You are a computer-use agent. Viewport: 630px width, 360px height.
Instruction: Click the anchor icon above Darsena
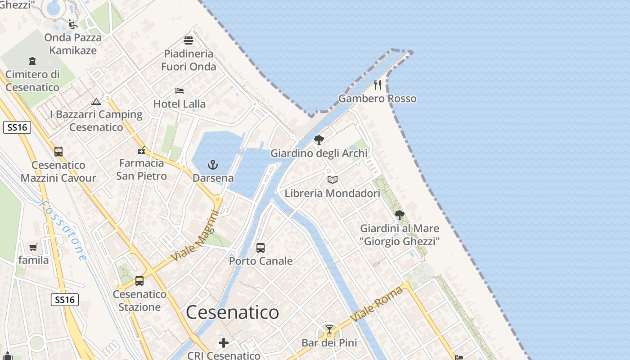(x=213, y=165)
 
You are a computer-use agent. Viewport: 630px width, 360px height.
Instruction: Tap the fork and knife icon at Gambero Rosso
(x=378, y=85)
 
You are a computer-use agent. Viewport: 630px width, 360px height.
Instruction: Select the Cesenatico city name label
(x=232, y=312)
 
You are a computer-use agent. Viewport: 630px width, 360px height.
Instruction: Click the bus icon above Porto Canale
(x=261, y=247)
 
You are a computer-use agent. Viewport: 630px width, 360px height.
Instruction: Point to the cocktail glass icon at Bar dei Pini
(x=329, y=329)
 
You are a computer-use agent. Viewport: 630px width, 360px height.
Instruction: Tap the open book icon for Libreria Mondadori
(x=333, y=180)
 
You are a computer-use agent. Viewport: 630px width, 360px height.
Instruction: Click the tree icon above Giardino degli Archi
(x=319, y=140)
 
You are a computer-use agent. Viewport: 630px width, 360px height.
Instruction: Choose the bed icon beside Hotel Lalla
(x=180, y=90)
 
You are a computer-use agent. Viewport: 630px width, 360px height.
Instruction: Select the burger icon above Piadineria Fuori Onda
(x=189, y=40)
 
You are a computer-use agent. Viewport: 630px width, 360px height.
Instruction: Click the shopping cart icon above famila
(x=33, y=247)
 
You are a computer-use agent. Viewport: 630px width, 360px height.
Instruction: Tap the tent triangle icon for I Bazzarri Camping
(x=96, y=102)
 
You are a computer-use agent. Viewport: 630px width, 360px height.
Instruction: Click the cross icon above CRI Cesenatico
(x=224, y=343)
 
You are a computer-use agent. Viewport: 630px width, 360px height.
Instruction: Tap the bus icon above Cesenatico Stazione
(x=139, y=281)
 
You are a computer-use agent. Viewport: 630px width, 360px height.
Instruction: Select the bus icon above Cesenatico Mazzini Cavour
(x=58, y=152)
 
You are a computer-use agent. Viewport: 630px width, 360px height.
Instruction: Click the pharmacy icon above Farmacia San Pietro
(x=142, y=150)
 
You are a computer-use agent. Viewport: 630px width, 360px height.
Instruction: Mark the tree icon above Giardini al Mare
(x=399, y=215)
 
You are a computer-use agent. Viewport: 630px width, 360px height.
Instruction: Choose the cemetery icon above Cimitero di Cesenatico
(x=32, y=61)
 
